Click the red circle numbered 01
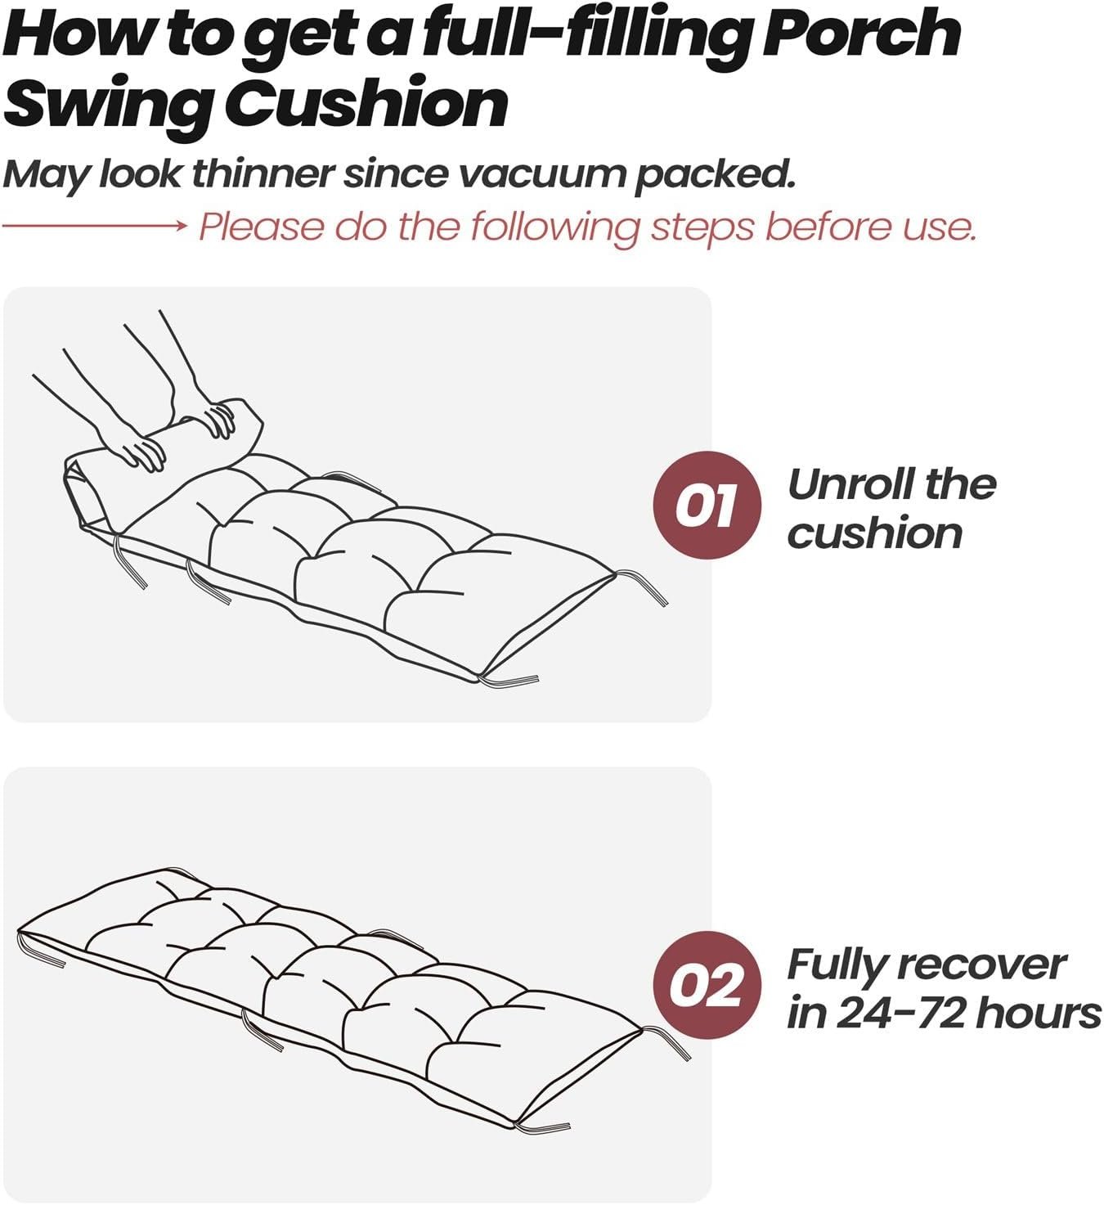click(x=707, y=505)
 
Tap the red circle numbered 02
click(x=707, y=985)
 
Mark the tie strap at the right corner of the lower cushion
click(x=666, y=1042)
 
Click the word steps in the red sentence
click(x=702, y=227)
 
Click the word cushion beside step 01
click(x=874, y=533)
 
